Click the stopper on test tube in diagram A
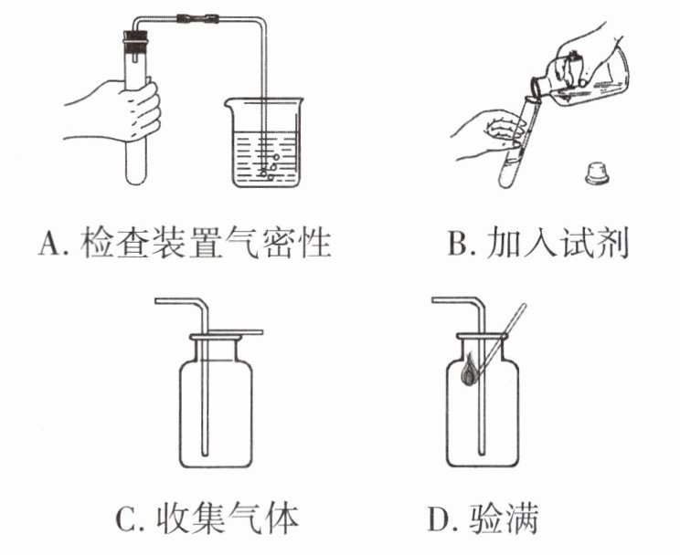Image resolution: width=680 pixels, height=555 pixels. click(x=135, y=41)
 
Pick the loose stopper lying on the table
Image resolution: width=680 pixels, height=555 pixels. click(x=596, y=173)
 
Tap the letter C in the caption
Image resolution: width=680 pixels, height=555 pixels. click(x=127, y=521)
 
